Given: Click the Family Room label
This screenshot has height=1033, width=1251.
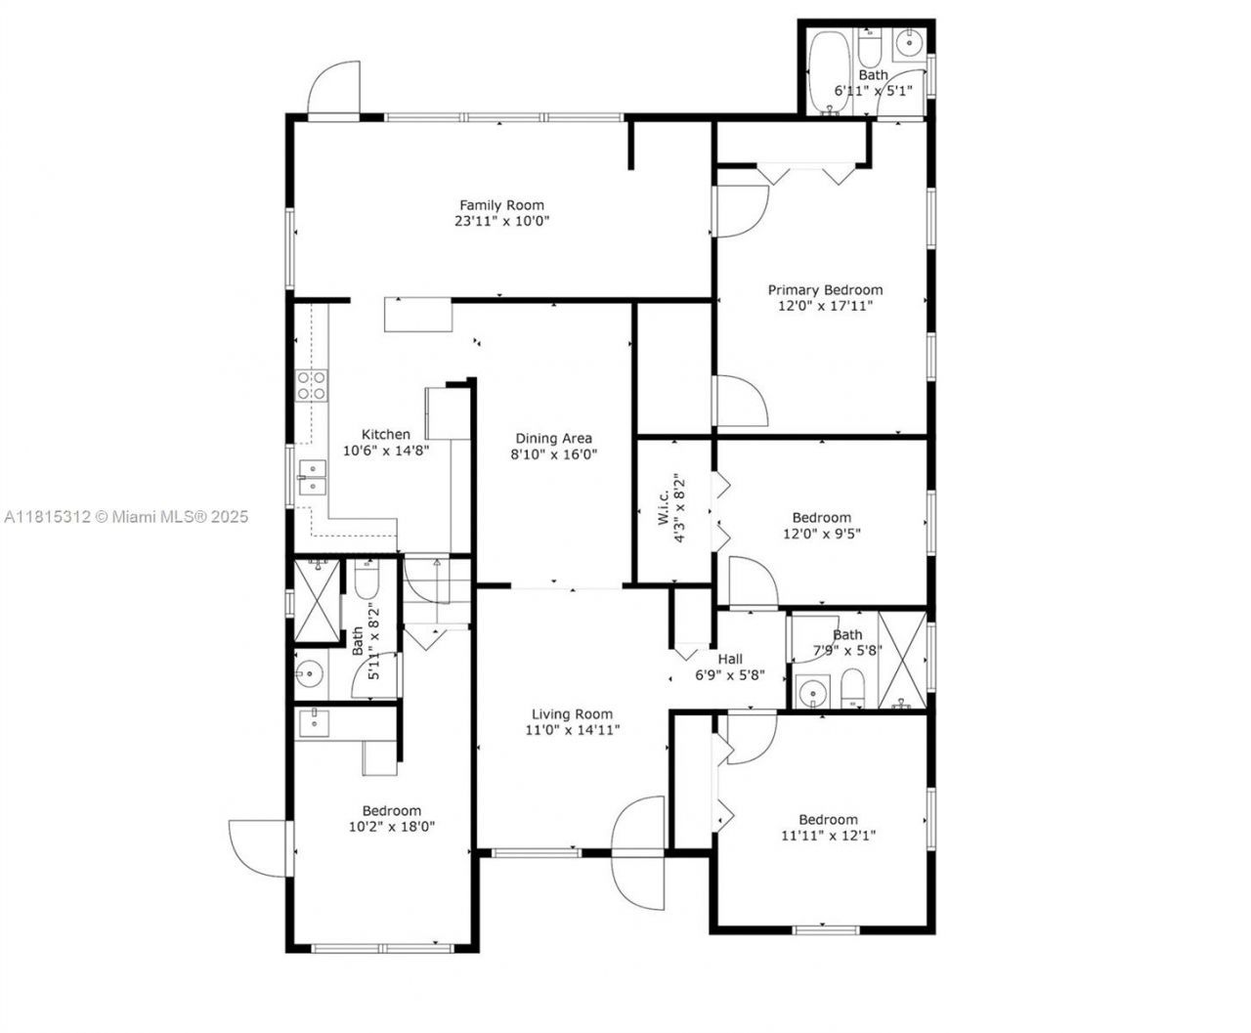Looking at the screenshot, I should point(501,205).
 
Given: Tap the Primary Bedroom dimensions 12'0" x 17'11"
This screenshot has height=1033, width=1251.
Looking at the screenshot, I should point(824,306).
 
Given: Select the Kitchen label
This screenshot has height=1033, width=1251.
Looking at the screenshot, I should point(386,435).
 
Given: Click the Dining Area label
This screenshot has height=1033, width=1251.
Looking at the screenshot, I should point(554,439).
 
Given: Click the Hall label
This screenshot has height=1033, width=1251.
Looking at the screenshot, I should point(730,660).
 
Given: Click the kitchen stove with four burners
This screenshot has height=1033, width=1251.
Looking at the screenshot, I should point(312,385).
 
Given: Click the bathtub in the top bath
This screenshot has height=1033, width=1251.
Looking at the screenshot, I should point(829,72).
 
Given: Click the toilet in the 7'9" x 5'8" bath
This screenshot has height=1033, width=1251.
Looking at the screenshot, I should point(853,689).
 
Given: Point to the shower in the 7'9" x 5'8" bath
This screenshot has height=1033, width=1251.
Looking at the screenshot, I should point(902,659).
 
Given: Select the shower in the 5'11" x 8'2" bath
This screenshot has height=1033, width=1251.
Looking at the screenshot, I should point(319,598).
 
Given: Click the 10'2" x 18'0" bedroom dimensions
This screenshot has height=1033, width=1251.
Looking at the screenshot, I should point(391,827).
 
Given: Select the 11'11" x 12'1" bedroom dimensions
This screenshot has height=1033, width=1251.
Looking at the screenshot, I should point(828,836).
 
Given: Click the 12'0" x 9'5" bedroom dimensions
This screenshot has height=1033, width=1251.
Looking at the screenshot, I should point(821,534).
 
